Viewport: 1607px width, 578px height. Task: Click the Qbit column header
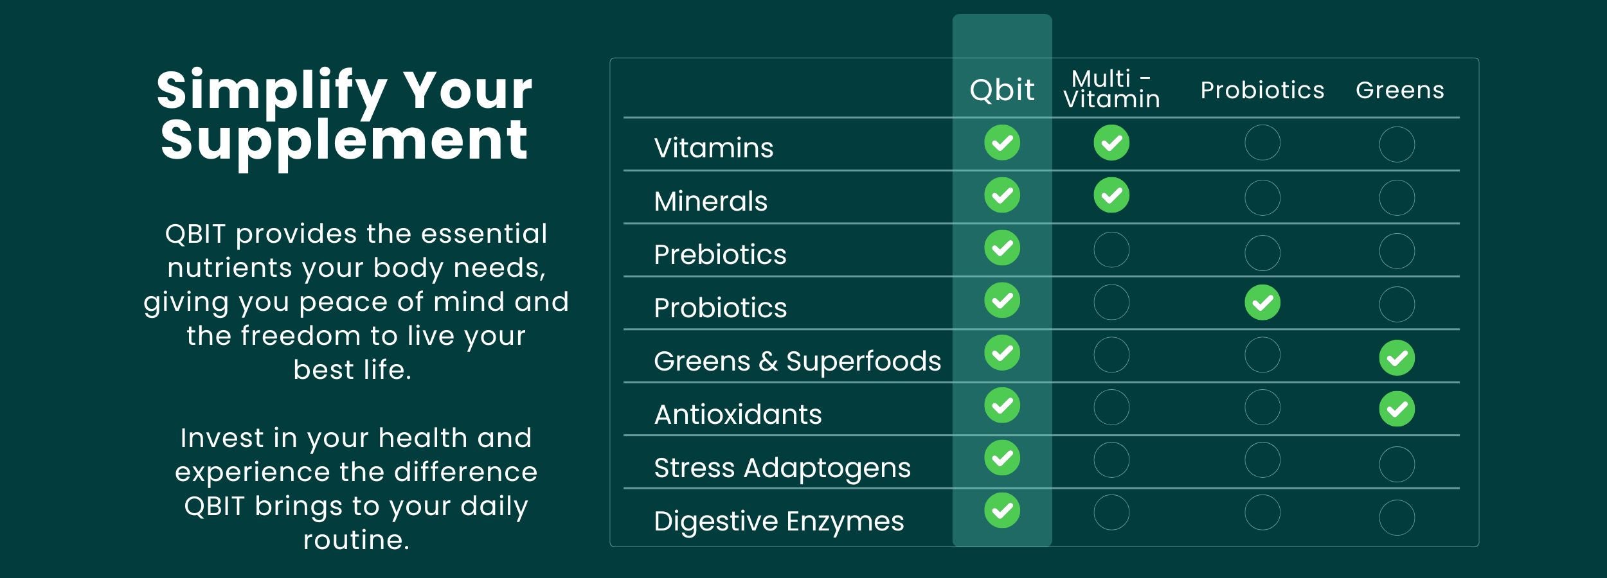(x=1002, y=89)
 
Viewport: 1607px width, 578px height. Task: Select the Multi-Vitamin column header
(x=1111, y=89)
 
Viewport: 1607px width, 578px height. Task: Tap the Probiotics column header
(x=1262, y=90)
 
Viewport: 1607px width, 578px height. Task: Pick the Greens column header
(x=1400, y=90)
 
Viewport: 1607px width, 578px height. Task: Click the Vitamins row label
(x=714, y=148)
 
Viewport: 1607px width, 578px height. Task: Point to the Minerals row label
(x=711, y=201)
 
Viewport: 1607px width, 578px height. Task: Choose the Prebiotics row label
(x=720, y=254)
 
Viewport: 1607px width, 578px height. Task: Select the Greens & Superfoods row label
(x=797, y=361)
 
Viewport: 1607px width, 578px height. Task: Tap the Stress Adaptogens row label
(x=782, y=468)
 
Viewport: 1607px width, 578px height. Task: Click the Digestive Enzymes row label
(x=779, y=521)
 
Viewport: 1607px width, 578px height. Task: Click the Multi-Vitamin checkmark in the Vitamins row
(x=1111, y=143)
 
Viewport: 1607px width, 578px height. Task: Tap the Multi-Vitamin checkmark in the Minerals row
(x=1111, y=195)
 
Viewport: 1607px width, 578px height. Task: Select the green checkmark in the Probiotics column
(x=1262, y=302)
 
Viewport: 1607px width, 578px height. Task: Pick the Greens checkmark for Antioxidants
(x=1397, y=409)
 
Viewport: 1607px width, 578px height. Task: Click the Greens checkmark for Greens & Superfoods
(x=1397, y=358)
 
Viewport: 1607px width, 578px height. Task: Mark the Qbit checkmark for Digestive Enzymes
(x=1002, y=511)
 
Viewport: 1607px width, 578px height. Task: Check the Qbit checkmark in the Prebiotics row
(x=1002, y=248)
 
